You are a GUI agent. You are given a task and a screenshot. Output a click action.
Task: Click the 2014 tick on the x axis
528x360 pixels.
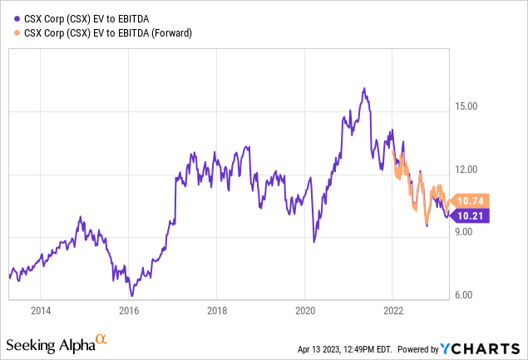(40, 310)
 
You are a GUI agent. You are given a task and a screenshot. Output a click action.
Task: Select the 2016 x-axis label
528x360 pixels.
(128, 310)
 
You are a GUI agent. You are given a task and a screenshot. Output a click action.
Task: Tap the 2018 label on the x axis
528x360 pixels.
(216, 310)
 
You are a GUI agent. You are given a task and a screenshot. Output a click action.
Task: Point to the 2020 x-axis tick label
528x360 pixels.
(304, 310)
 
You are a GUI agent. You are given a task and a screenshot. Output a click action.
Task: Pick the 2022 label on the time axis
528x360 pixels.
(392, 310)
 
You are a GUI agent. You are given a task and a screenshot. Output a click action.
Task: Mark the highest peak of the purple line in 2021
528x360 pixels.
(364, 88)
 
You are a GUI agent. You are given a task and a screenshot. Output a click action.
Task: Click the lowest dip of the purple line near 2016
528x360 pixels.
(131, 295)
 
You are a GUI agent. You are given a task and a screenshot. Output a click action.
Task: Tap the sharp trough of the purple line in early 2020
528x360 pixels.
(314, 241)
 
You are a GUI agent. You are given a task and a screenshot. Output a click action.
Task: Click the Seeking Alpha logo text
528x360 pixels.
(50, 343)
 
